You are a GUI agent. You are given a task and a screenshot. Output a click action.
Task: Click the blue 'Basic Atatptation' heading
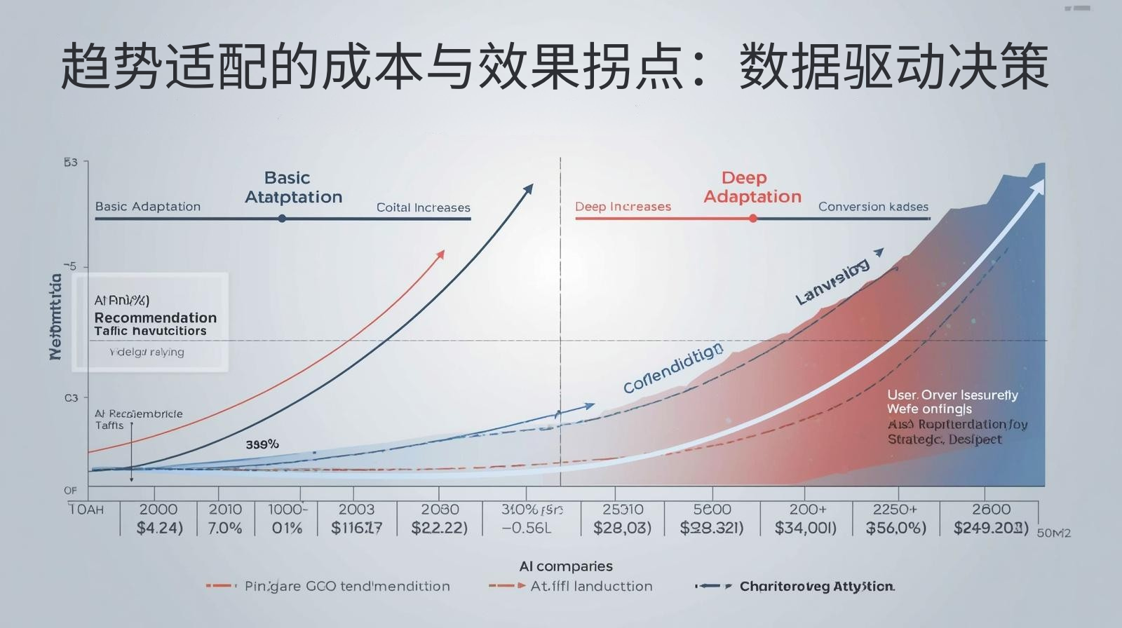tap(293, 188)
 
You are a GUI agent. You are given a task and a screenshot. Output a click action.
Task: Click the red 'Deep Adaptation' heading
tap(752, 188)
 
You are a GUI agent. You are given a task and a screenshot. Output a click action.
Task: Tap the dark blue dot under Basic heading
tap(282, 219)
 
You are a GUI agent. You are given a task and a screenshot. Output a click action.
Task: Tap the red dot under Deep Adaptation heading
tap(752, 219)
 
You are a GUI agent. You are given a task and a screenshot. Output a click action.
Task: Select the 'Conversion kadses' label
tap(873, 207)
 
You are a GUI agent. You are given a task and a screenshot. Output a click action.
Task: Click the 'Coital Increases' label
tap(423, 207)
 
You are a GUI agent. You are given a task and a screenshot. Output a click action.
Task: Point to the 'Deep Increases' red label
tap(623, 207)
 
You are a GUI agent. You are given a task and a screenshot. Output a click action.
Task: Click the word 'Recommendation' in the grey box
tap(156, 318)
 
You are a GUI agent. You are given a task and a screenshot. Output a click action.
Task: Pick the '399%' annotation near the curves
tap(262, 444)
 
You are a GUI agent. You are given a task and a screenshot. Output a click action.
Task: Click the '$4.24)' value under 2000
tap(159, 528)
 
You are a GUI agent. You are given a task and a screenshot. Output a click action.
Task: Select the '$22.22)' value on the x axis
tap(439, 528)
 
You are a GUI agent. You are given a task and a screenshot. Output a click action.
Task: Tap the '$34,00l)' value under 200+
tap(806, 528)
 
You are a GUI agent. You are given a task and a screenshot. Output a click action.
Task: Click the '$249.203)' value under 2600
tap(991, 528)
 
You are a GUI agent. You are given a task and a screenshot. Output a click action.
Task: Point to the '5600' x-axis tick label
tap(712, 510)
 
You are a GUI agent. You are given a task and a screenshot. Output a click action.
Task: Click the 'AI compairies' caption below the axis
tap(566, 566)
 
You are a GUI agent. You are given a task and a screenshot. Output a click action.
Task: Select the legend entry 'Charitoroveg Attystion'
tap(816, 587)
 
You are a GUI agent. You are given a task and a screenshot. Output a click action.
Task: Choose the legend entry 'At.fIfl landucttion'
tap(591, 587)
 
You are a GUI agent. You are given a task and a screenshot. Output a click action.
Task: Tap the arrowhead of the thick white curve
tap(1038, 186)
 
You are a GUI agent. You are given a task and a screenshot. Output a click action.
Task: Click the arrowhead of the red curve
tap(440, 254)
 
